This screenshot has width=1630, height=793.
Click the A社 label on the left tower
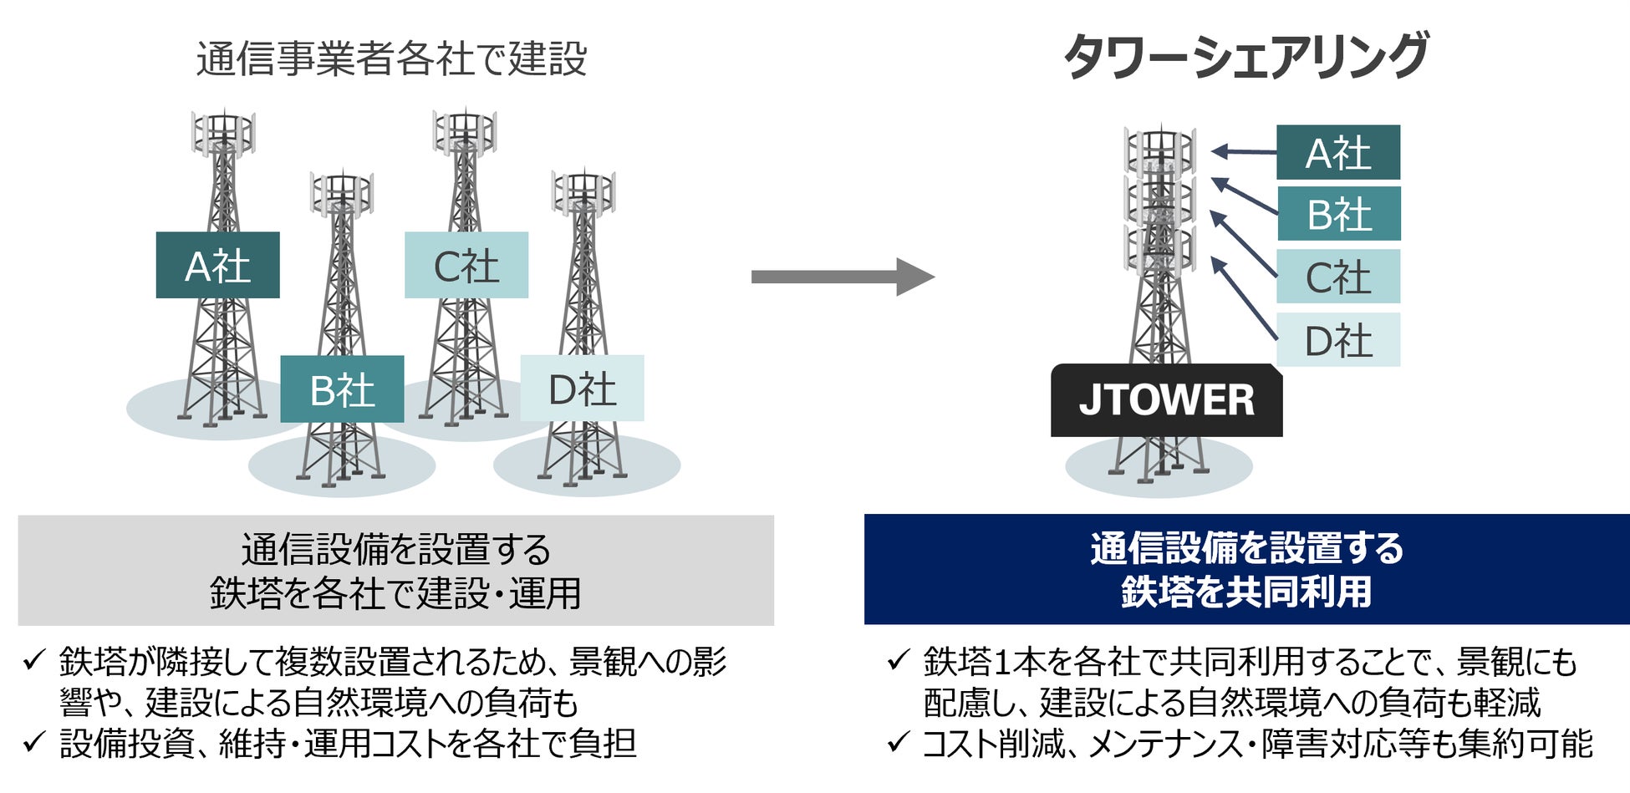[x=217, y=266]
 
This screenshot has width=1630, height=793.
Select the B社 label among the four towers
[x=342, y=389]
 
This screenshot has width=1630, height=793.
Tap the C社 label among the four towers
[x=466, y=266]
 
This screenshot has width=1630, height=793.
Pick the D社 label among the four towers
[x=582, y=389]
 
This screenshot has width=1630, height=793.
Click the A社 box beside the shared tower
[x=1337, y=153]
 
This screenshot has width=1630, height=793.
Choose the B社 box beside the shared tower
[x=1337, y=214]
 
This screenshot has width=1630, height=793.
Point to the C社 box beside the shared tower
[x=1337, y=277]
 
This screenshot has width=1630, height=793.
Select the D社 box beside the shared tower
[x=1337, y=340]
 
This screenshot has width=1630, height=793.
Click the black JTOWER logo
[x=1166, y=400]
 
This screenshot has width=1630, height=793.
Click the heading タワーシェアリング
[x=1245, y=57]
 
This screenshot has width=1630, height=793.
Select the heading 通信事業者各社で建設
[x=391, y=58]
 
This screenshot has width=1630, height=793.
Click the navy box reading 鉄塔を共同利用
[x=1245, y=570]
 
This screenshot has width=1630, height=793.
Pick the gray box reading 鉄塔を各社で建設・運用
[x=395, y=572]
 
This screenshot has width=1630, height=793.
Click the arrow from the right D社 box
[x=1244, y=298]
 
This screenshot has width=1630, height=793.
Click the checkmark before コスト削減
[x=898, y=741]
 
